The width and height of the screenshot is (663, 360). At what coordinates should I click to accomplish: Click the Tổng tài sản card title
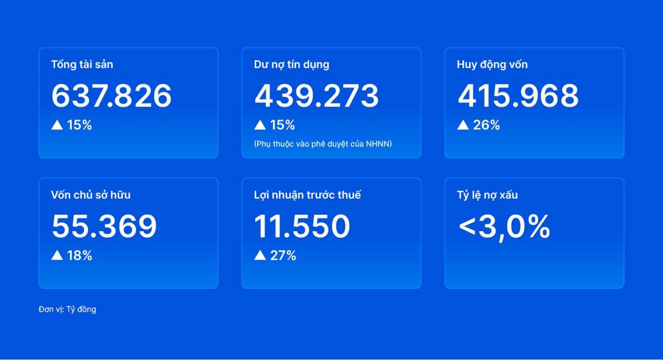pyautogui.click(x=82, y=65)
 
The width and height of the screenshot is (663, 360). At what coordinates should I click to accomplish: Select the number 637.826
pyautogui.click(x=112, y=96)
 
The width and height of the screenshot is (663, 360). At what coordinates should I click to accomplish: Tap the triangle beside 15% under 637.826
pyautogui.click(x=57, y=125)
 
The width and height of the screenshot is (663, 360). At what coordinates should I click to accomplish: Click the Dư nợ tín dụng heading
pyautogui.click(x=291, y=65)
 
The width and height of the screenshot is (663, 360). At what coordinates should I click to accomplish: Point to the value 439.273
pyautogui.click(x=317, y=96)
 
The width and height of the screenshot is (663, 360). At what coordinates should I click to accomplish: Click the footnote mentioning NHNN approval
pyautogui.click(x=323, y=144)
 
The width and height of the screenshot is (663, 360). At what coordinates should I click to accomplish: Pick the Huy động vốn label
pyautogui.click(x=492, y=65)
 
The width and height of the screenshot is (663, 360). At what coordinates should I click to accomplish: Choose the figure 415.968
pyautogui.click(x=518, y=96)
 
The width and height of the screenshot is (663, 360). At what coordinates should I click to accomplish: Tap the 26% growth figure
pyautogui.click(x=486, y=125)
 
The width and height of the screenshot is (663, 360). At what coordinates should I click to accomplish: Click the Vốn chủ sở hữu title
pyautogui.click(x=91, y=195)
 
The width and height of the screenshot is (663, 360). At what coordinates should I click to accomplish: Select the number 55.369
pyautogui.click(x=104, y=227)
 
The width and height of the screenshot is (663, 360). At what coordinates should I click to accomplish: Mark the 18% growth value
pyautogui.click(x=79, y=256)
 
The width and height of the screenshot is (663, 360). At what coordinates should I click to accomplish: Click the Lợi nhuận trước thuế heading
pyautogui.click(x=308, y=195)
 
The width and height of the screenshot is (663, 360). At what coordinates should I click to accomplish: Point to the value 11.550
pyautogui.click(x=302, y=227)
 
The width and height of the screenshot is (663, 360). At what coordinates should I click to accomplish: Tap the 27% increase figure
pyautogui.click(x=283, y=256)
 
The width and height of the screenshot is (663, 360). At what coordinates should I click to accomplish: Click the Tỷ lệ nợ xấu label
pyautogui.click(x=487, y=195)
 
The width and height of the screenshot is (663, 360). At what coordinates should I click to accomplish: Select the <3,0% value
pyautogui.click(x=504, y=227)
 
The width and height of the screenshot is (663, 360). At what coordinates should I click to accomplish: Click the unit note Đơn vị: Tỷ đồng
pyautogui.click(x=67, y=309)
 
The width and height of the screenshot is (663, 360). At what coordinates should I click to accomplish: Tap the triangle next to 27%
pyautogui.click(x=260, y=256)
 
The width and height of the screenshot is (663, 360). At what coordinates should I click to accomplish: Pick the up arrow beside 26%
pyautogui.click(x=463, y=125)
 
